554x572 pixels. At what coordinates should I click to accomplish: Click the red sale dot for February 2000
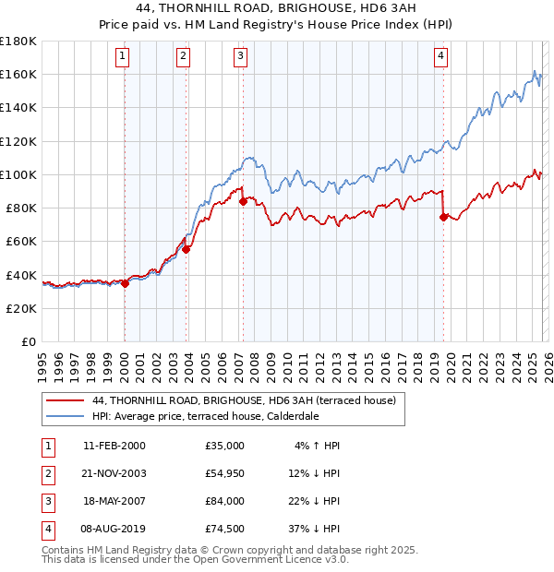click(125, 283)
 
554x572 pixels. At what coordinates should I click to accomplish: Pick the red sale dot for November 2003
click(187, 248)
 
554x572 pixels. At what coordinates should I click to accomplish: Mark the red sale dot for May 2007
click(243, 200)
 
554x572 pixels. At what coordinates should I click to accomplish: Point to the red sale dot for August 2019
click(443, 217)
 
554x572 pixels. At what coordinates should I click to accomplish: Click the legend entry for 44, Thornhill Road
click(244, 400)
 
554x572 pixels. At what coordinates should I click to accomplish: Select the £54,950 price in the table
click(225, 473)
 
